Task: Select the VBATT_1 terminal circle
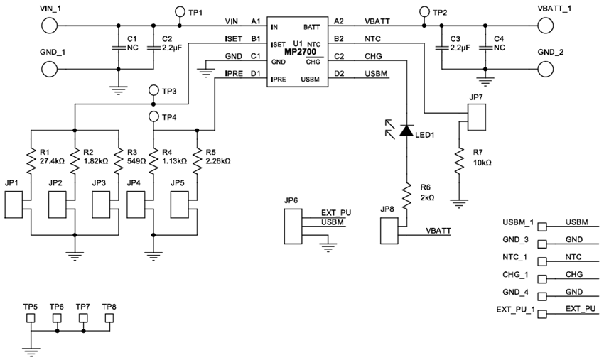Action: coord(546,26)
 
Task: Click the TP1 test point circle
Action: coord(179,12)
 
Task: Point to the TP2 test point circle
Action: coord(424,12)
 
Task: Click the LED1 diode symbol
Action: coord(406,131)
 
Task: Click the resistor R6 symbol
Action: coord(406,194)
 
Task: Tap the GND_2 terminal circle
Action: coord(546,70)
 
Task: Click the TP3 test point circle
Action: coord(153,90)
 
